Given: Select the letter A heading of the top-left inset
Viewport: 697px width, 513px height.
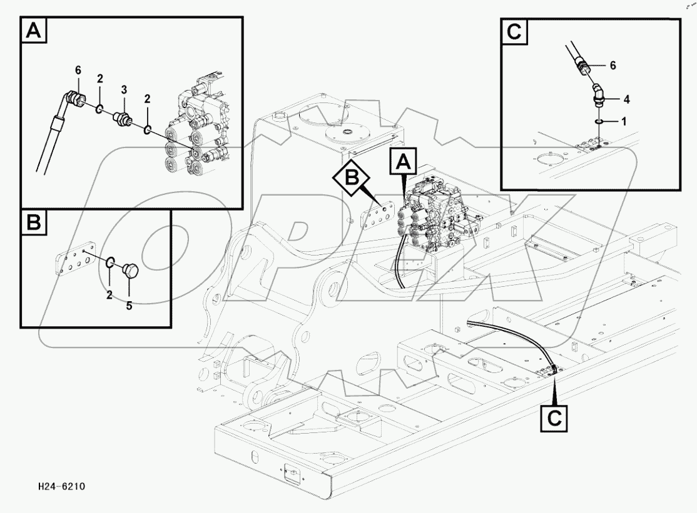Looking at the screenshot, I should point(34,31).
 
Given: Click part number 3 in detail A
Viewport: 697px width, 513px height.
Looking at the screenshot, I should point(124,91).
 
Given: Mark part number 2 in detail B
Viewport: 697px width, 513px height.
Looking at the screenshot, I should point(109,295).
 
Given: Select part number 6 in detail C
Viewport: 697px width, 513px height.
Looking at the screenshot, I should point(613,65).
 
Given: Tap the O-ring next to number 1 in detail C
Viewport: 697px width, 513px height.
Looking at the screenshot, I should point(599,121).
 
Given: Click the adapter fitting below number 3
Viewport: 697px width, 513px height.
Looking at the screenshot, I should point(121,119).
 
